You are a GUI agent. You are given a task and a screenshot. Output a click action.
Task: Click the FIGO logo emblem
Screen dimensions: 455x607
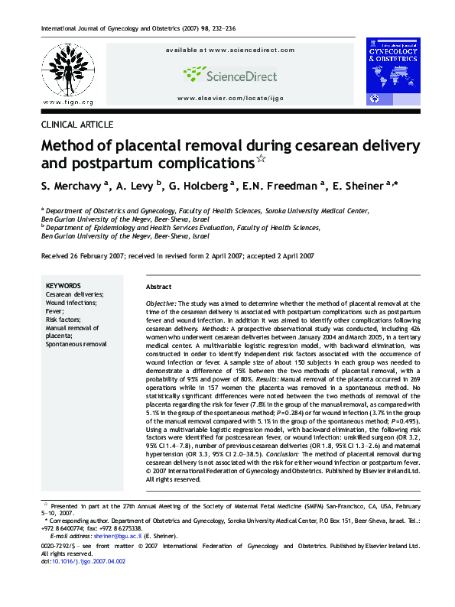pos(67,70)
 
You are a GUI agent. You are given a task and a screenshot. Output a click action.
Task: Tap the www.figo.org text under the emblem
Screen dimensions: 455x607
pos(68,102)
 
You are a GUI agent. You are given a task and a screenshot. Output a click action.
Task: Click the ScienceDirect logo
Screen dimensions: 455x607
pos(229,73)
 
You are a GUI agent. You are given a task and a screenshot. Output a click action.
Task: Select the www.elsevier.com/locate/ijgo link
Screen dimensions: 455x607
pos(229,99)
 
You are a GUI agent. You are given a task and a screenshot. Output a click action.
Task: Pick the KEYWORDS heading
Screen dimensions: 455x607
pos(63,285)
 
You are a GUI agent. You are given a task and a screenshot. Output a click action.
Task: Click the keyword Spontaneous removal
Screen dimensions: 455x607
pos(76,345)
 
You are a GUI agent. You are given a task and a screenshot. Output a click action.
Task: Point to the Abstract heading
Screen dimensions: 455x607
pos(159,287)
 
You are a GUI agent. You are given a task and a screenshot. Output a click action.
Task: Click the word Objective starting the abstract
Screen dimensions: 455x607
pos(161,303)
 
